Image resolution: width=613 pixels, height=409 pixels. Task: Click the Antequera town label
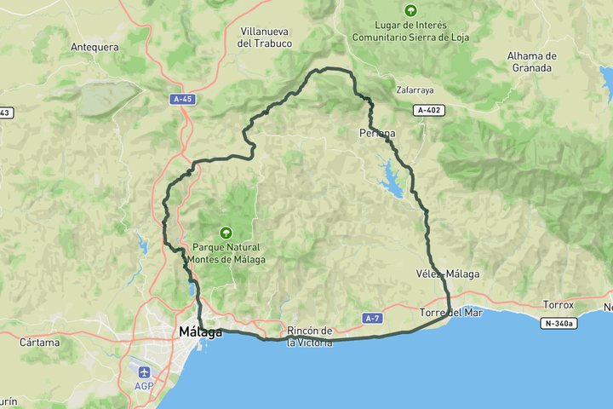pos(95,47)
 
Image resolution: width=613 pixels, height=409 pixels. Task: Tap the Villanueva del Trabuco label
pos(266,37)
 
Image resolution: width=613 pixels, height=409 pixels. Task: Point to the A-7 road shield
pos(371,318)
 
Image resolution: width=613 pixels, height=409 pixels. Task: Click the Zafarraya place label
pos(415,89)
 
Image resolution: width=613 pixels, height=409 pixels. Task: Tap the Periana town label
pos(377,133)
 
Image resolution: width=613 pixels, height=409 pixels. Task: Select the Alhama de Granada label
pos(531,61)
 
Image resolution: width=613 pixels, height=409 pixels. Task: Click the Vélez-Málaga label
pos(448,274)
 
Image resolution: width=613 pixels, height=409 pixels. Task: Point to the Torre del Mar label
pos(451,313)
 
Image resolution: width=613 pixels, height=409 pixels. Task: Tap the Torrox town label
pos(559,304)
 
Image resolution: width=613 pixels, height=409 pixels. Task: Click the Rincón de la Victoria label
pos(309,336)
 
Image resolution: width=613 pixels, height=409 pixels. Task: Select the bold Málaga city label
pos(201,331)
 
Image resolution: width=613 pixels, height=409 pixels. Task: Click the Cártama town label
pos(43,343)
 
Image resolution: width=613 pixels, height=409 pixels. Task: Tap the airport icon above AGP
pos(144,372)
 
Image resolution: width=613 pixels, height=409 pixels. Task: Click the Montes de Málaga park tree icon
pos(226,232)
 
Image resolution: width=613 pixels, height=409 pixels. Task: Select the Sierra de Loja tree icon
pos(411,10)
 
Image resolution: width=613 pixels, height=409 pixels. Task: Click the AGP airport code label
pos(144,386)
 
